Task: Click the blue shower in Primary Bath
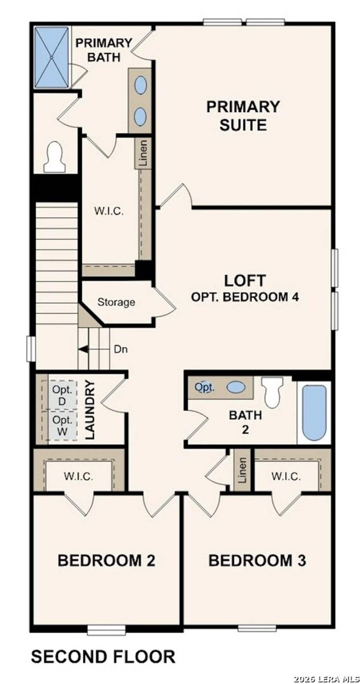[x=51, y=57]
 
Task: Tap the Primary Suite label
[x=243, y=116]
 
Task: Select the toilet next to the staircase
[x=54, y=158]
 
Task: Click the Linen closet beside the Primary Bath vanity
[x=143, y=154]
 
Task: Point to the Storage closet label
[x=116, y=302]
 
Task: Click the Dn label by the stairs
[x=121, y=350]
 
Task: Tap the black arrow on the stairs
[x=83, y=349]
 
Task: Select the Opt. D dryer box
[x=62, y=396]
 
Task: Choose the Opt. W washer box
[x=62, y=425]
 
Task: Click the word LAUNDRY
[x=90, y=410]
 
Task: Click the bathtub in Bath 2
[x=314, y=412]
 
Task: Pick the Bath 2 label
[x=245, y=422]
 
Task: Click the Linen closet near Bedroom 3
[x=242, y=470]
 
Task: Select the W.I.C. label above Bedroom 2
[x=78, y=477]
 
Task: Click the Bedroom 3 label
[x=257, y=560]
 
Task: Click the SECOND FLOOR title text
[x=103, y=657]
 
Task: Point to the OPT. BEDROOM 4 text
[x=245, y=297]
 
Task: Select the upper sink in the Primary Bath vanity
[x=140, y=85]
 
